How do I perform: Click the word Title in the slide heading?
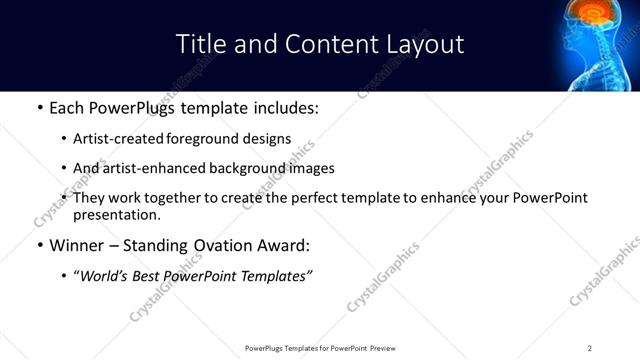coord(200,44)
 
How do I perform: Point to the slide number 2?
coord(590,347)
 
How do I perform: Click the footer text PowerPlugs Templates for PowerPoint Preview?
coord(319,347)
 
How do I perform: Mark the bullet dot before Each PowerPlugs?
coord(39,108)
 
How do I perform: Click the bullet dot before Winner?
coord(39,245)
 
